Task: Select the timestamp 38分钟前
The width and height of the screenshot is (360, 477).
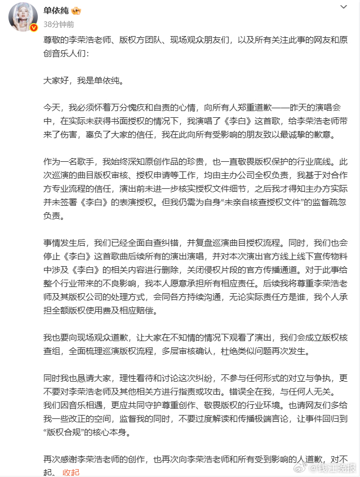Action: pyautogui.click(x=58, y=25)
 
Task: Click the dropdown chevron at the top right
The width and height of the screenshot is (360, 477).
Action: pyautogui.click(x=344, y=8)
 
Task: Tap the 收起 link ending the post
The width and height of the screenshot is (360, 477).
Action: pyautogui.click(x=71, y=471)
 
